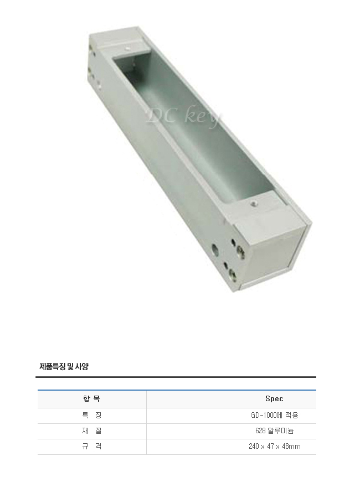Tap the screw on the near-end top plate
click(x=254, y=203)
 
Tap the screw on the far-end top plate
click(x=127, y=49)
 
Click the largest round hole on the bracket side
click(x=215, y=250)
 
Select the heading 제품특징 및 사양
click(x=64, y=366)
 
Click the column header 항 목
click(x=91, y=398)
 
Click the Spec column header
click(x=274, y=398)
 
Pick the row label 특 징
click(x=91, y=415)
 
